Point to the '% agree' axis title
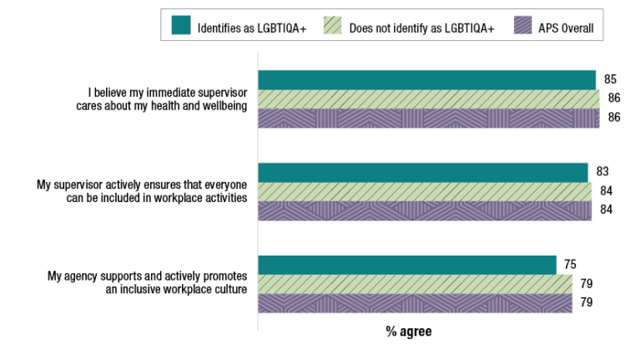coord(408,332)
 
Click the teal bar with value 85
coord(426,80)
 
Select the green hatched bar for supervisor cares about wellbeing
coord(428,99)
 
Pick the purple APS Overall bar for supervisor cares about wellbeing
coord(428,119)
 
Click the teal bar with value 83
coord(423,172)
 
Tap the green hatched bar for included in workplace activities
coord(425,191)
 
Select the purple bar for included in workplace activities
coord(425,210)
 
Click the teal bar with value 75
coord(407,265)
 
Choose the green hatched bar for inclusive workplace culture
coord(415,284)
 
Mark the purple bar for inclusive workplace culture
coord(415,303)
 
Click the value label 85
coord(610,79)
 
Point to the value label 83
coord(603,172)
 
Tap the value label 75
coord(570,265)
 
